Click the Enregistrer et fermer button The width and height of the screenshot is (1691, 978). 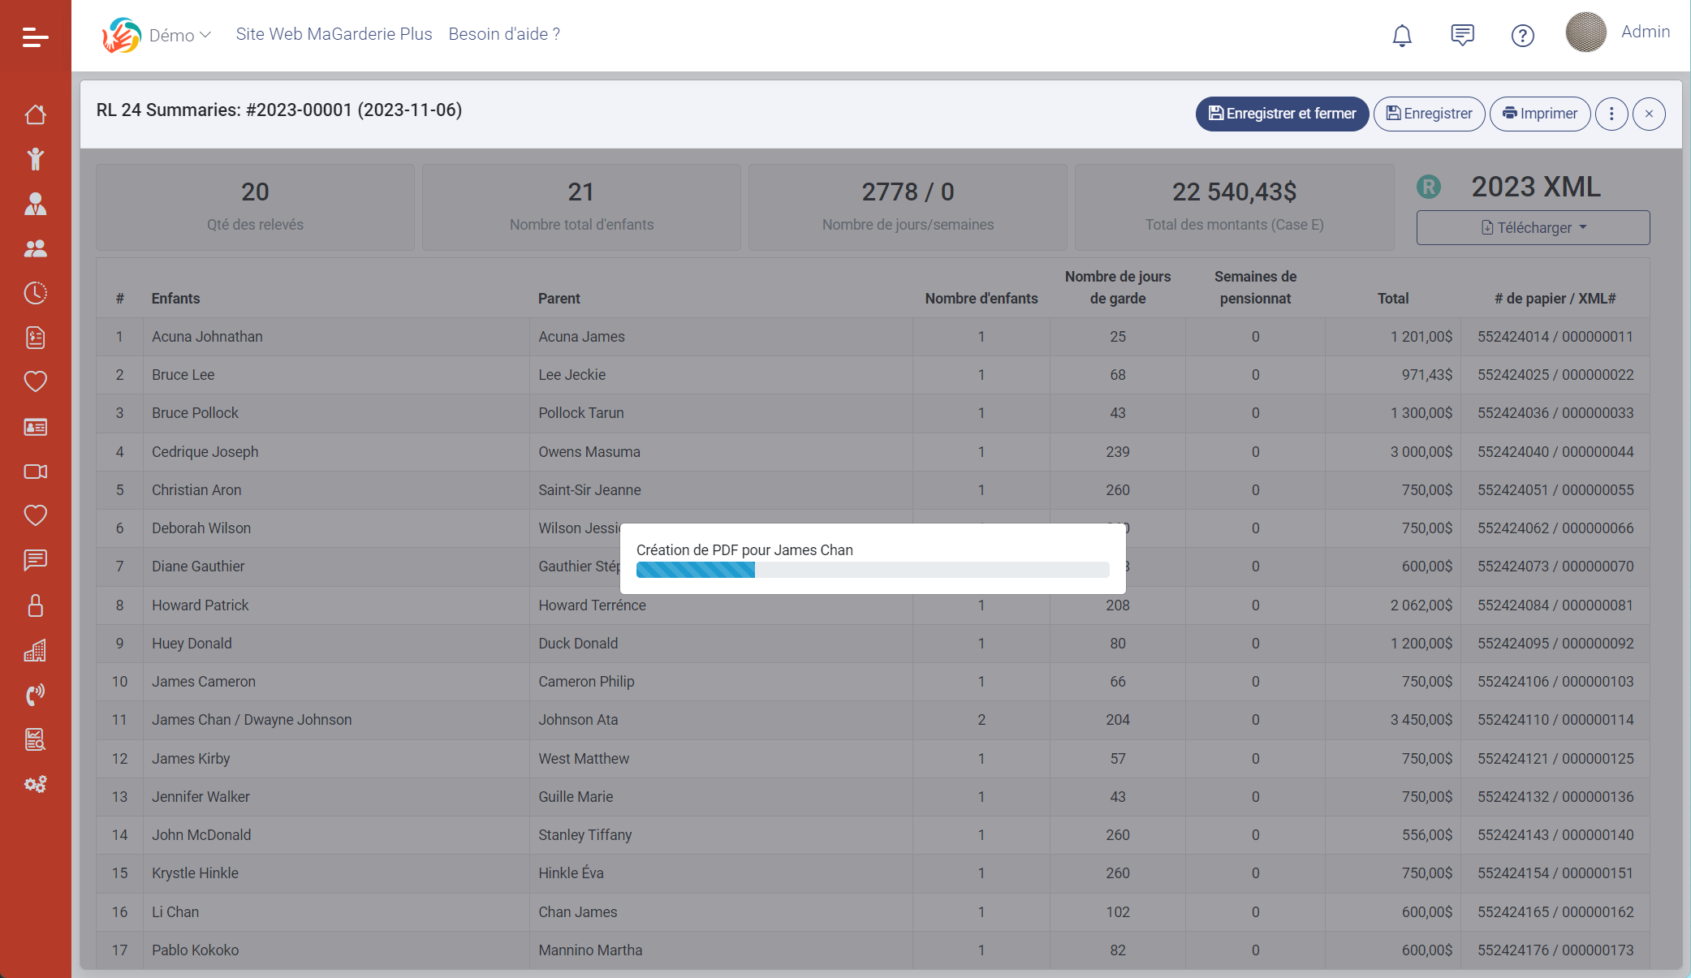tap(1282, 114)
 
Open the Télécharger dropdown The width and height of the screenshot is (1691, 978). tap(1533, 228)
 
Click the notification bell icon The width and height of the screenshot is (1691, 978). tap(1402, 35)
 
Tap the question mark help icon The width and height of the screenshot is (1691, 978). tap(1522, 36)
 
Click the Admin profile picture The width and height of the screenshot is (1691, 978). tap(1585, 32)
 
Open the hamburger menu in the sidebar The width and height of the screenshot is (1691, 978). tap(35, 37)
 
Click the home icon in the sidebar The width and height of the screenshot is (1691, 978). tap(35, 114)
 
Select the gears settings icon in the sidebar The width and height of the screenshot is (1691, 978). tap(35, 784)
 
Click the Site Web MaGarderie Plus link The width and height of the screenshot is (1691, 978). tap(334, 34)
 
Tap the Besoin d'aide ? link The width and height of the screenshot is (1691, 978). tap(504, 34)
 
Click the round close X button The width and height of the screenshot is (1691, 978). tap(1649, 114)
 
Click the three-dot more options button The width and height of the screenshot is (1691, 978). tap(1611, 114)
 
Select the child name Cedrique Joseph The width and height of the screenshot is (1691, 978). tap(205, 452)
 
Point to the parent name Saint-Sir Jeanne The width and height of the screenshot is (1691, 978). tap(589, 490)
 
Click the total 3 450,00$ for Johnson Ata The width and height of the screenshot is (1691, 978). tap(1421, 720)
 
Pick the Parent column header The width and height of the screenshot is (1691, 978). tap(559, 299)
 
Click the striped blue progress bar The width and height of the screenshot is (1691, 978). tap(872, 570)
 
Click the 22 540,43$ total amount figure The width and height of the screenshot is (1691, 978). tap(1234, 192)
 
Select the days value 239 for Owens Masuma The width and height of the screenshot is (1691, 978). tap(1117, 452)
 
